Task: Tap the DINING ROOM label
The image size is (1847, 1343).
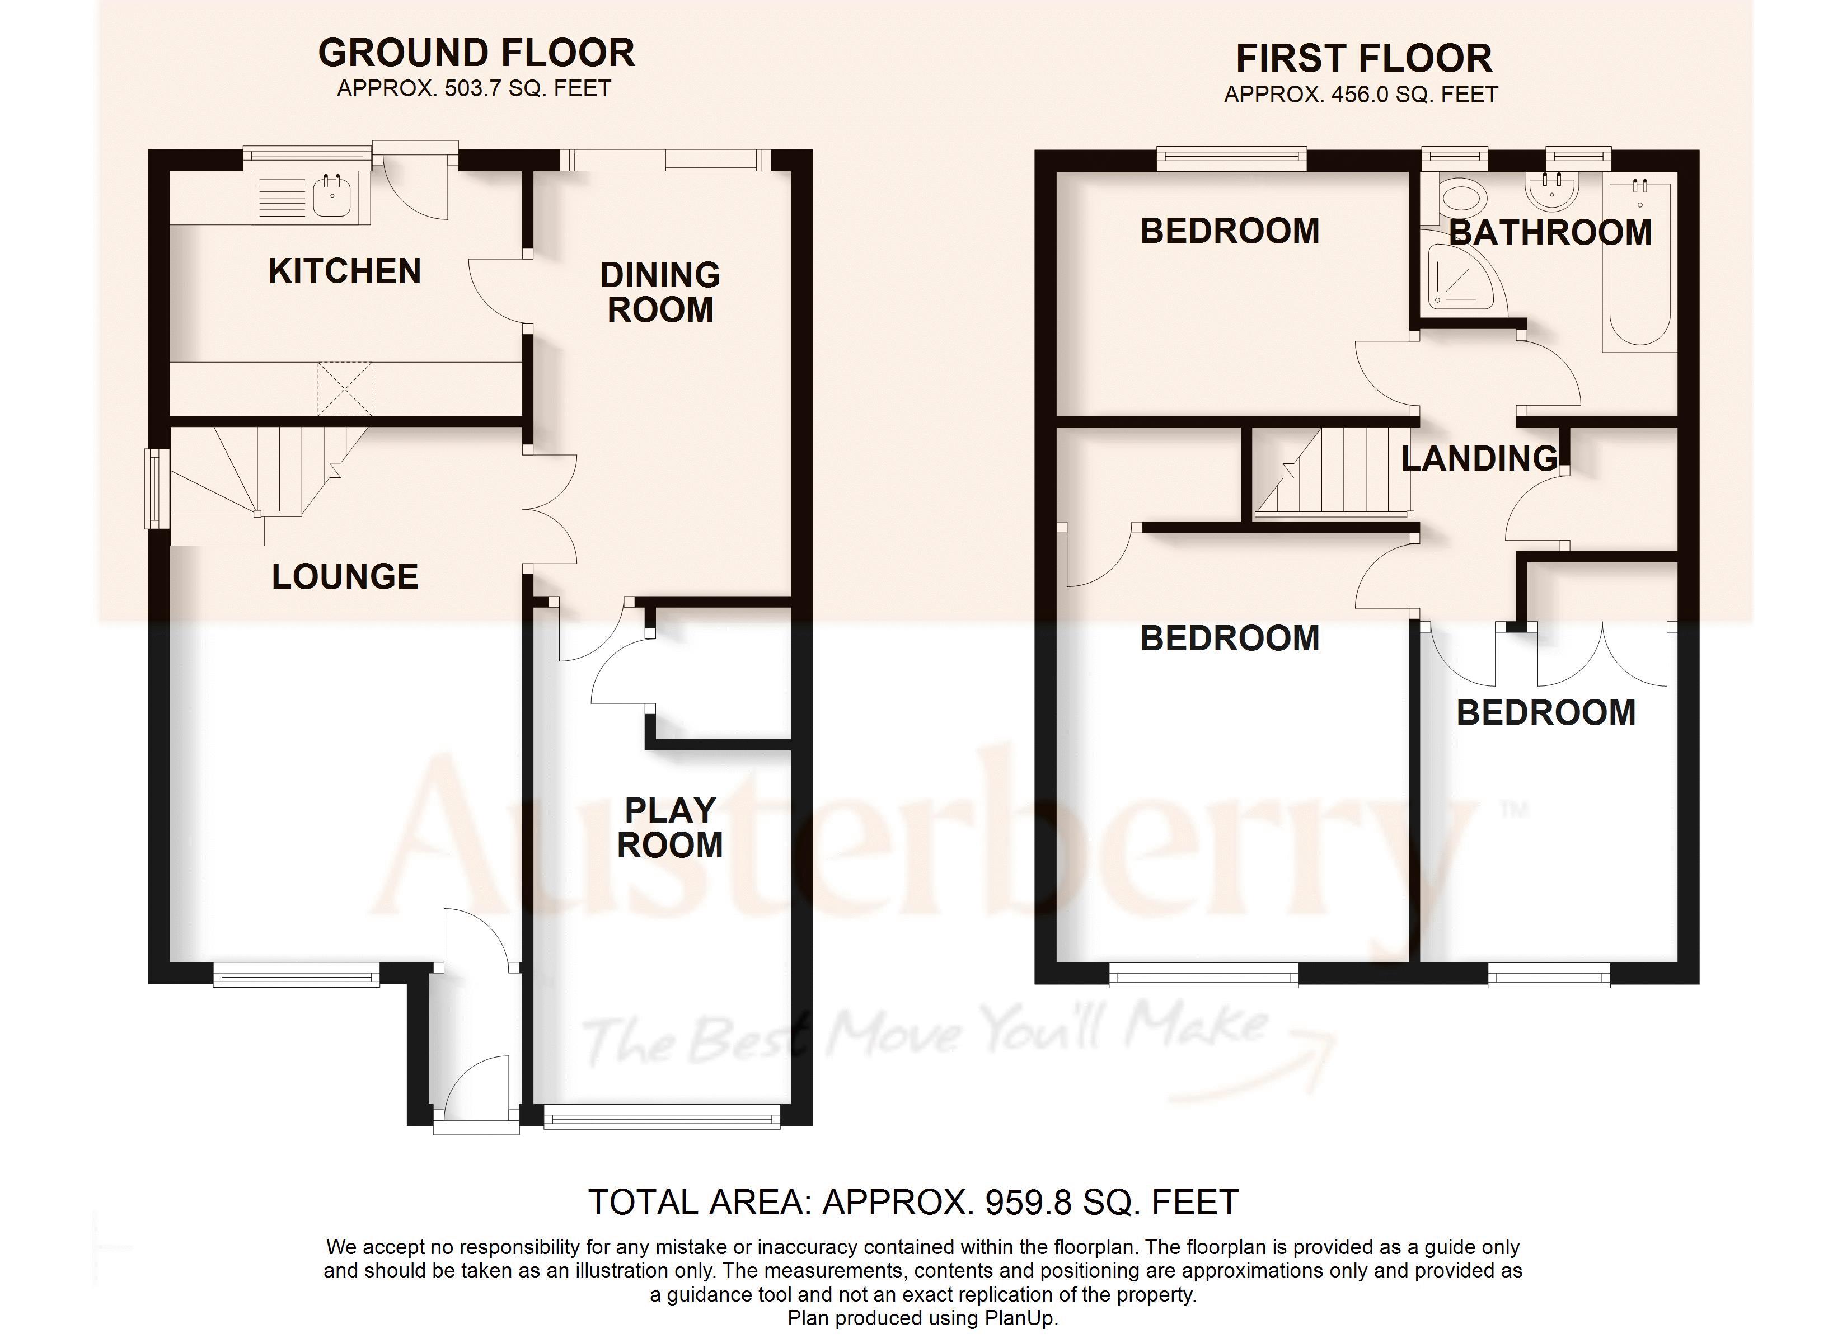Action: (660, 292)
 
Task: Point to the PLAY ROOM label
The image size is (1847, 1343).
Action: (669, 828)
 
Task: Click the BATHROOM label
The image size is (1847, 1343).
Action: (1550, 233)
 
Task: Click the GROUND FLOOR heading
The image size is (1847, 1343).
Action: (476, 54)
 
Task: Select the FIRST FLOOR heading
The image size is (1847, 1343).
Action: (1363, 59)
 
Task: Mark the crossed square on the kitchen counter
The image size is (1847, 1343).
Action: (344, 389)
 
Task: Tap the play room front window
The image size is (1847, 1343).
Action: (661, 1121)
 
